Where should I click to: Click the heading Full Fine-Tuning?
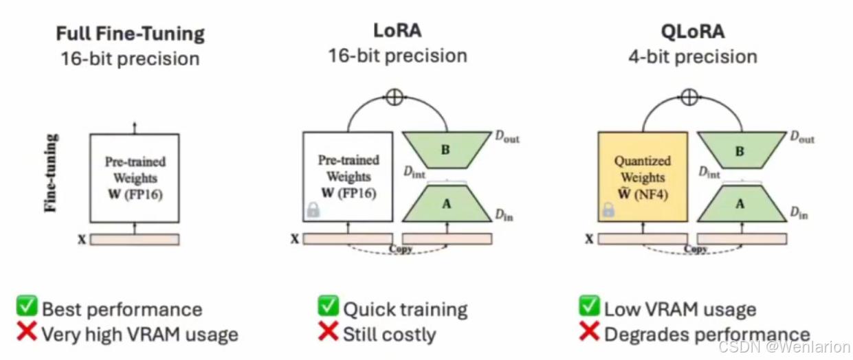click(131, 33)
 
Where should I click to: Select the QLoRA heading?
click(692, 31)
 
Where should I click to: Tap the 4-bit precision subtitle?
click(692, 56)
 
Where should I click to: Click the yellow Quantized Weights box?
click(643, 177)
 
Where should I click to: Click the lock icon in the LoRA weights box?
click(313, 210)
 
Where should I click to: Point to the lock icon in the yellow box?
click(608, 210)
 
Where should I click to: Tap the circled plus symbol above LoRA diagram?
click(394, 98)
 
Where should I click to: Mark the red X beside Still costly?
click(329, 333)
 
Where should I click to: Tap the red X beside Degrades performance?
click(589, 333)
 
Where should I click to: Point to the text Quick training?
click(405, 309)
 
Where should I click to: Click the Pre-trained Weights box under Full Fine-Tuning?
click(135, 177)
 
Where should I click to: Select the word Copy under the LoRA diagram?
click(400, 249)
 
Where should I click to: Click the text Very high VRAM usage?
click(140, 335)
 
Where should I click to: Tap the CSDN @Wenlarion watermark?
click(784, 347)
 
